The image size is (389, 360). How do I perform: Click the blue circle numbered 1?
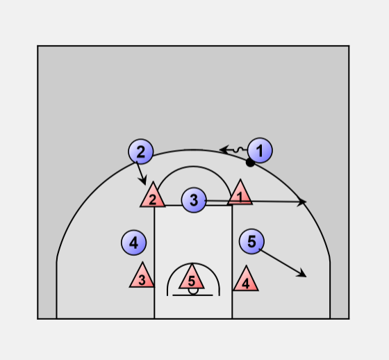click(260, 150)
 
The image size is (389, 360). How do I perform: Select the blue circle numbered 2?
click(141, 152)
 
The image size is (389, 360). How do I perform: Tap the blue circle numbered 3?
click(194, 200)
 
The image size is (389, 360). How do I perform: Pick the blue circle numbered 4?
click(133, 243)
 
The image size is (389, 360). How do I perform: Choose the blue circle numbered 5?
click(251, 242)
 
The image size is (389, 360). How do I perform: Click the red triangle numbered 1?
click(240, 195)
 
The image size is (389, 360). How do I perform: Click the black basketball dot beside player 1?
click(250, 163)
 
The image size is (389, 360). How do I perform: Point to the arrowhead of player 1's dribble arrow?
click(224, 149)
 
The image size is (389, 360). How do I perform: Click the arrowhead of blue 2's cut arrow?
click(143, 180)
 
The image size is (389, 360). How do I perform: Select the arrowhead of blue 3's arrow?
click(302, 202)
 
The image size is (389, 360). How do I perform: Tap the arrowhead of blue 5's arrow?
click(302, 273)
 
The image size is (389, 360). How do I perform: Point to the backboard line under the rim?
click(192, 295)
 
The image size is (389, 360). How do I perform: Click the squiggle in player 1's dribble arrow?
click(238, 149)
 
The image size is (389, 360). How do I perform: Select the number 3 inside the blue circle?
click(194, 200)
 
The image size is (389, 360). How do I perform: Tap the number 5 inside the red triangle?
click(192, 281)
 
